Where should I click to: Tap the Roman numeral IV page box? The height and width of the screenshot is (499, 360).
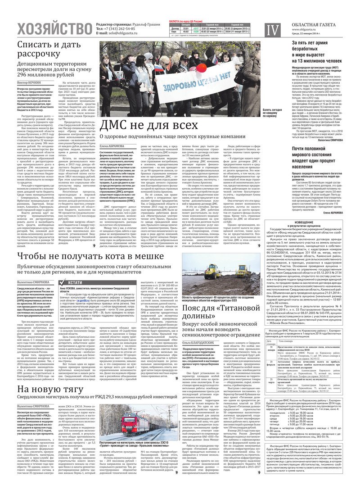(x=272, y=30)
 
